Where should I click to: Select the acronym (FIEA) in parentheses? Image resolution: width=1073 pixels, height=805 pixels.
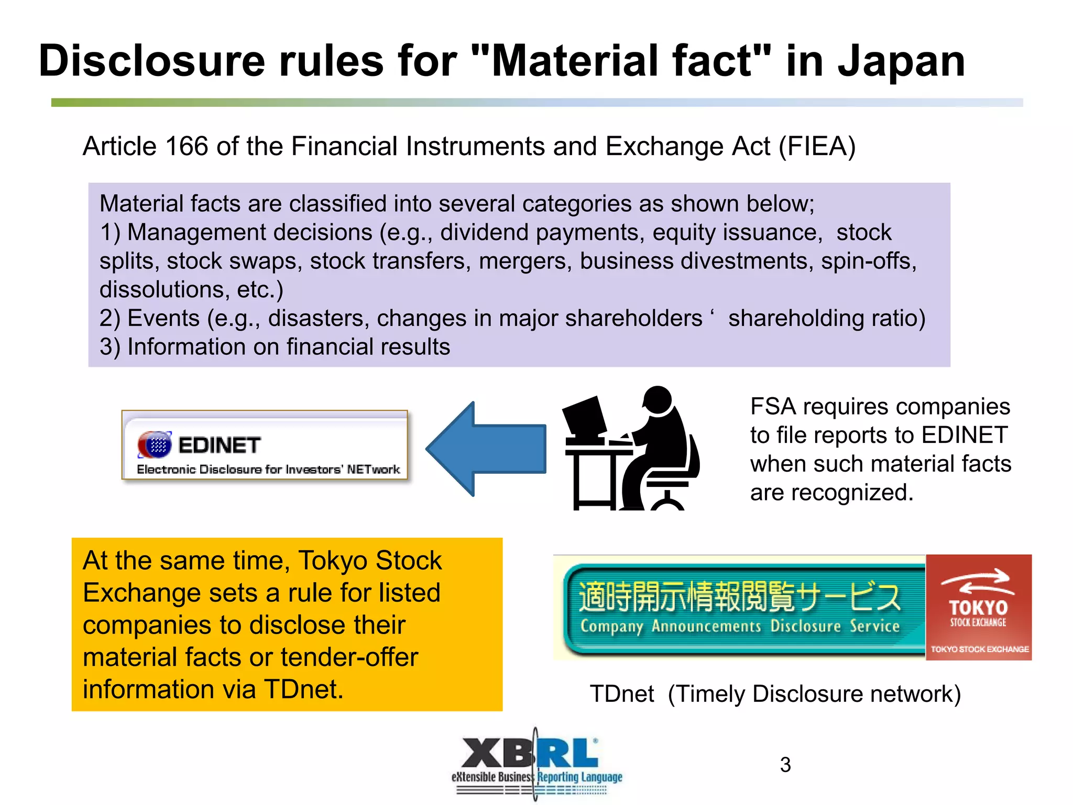click(817, 146)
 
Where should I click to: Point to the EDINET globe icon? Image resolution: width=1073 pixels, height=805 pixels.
click(155, 445)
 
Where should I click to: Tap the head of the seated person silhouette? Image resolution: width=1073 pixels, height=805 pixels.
click(658, 401)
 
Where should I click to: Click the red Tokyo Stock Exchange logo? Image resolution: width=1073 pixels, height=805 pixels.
click(978, 607)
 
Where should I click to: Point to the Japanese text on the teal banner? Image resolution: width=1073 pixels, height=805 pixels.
click(739, 597)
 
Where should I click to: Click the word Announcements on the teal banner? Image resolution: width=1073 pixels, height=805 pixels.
click(706, 626)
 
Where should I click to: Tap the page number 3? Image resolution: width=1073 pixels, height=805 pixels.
click(785, 765)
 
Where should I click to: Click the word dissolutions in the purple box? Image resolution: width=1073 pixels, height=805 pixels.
click(164, 290)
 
